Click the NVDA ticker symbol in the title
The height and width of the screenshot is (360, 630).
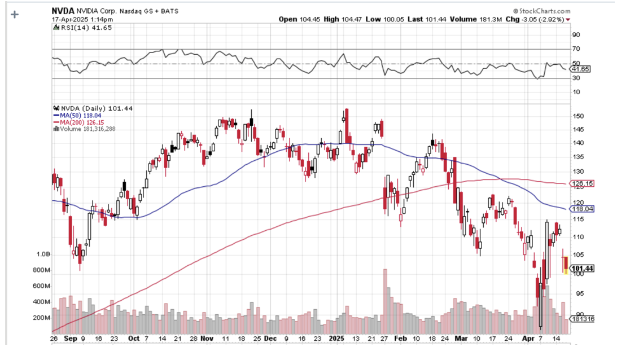[x=63, y=11]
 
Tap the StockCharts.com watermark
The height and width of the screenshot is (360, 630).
[x=542, y=11]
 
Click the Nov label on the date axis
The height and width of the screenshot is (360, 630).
[x=207, y=339]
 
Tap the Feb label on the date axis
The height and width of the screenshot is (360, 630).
[x=400, y=339]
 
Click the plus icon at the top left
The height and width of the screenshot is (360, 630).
[x=15, y=15]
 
